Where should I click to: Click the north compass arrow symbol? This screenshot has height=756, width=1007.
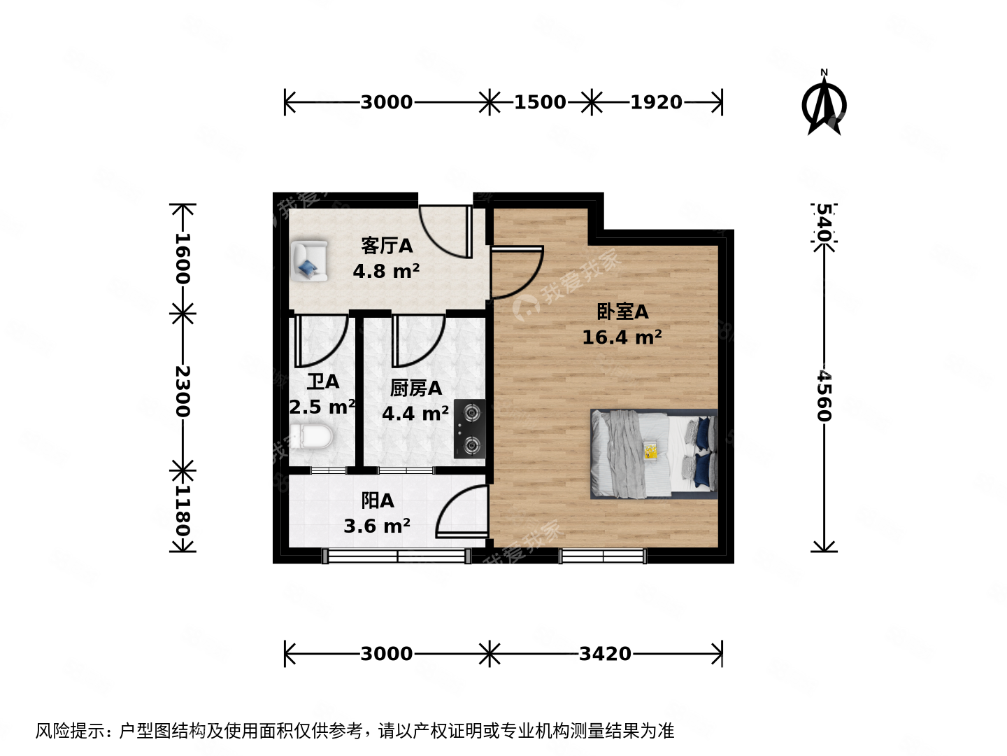(824, 105)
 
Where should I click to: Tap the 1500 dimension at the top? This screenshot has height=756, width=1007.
(540, 102)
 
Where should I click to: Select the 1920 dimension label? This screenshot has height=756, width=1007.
(656, 102)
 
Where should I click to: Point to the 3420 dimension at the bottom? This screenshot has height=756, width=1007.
(605, 654)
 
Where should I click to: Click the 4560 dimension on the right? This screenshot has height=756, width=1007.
(824, 395)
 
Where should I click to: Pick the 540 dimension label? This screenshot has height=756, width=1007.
(824, 223)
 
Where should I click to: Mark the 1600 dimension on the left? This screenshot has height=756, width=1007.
(183, 258)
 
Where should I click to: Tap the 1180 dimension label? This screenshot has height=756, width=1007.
(183, 510)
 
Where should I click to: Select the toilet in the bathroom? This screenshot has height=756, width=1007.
(312, 437)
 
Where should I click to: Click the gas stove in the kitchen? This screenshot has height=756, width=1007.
(469, 428)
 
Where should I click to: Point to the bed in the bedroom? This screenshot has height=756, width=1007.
(654, 454)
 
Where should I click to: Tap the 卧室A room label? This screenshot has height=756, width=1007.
(622, 311)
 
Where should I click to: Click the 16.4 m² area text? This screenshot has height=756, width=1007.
(622, 337)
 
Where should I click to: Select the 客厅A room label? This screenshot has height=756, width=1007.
(387, 246)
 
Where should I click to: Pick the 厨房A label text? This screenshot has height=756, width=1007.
(415, 388)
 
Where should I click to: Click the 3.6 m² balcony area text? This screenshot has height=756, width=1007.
(377, 526)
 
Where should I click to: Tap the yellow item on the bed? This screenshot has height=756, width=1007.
(651, 450)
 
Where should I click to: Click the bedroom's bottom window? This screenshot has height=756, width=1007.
(602, 556)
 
